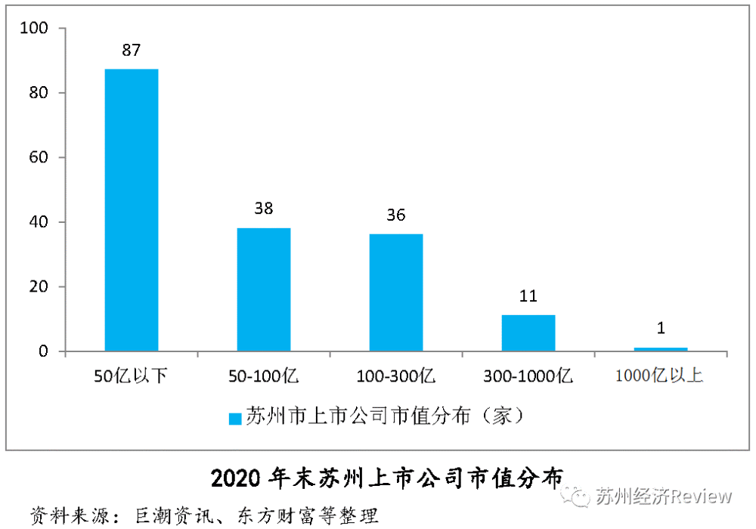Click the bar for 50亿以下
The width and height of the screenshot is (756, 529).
click(x=132, y=210)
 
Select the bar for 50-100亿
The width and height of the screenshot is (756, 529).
click(x=264, y=289)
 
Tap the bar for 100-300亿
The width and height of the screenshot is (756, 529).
click(x=396, y=292)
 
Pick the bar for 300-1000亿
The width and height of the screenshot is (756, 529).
click(x=528, y=333)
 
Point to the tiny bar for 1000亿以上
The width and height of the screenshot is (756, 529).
click(x=661, y=349)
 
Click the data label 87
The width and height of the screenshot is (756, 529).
click(x=132, y=51)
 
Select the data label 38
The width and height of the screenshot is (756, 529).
click(x=264, y=209)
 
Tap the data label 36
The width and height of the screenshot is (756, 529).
click(x=396, y=215)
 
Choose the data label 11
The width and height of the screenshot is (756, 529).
click(x=528, y=295)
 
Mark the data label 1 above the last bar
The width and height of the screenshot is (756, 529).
click(x=661, y=328)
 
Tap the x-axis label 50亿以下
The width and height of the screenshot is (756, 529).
click(x=132, y=376)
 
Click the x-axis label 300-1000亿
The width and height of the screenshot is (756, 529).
click(x=528, y=376)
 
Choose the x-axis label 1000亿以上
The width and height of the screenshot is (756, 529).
click(x=659, y=376)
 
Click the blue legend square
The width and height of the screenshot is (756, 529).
click(x=235, y=417)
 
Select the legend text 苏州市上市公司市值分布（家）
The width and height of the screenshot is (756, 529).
click(x=385, y=416)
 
